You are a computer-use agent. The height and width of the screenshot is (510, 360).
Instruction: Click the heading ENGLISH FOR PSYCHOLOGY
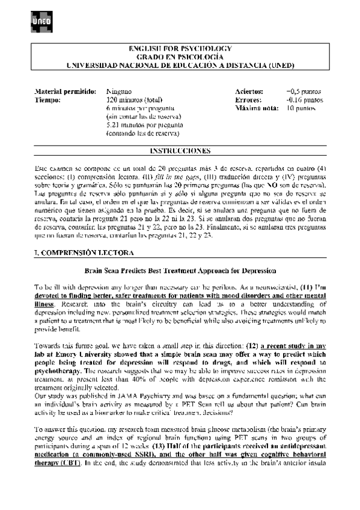tap(180, 48)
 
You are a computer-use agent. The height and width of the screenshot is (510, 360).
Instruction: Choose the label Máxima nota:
tap(257, 108)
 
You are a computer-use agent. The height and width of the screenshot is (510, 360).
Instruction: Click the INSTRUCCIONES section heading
tap(180, 150)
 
